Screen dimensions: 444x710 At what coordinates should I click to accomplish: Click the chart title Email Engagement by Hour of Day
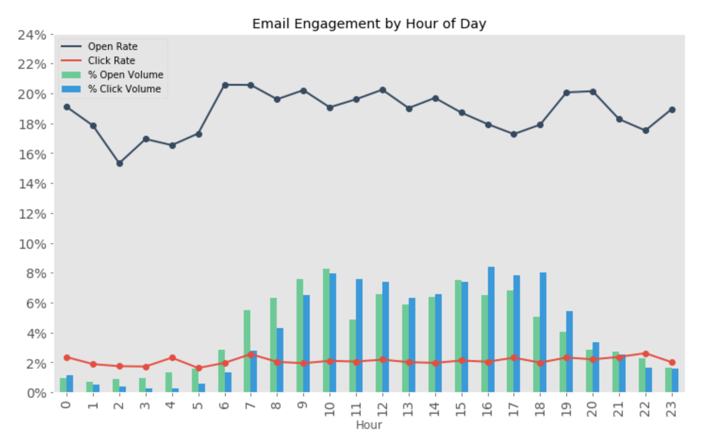369,24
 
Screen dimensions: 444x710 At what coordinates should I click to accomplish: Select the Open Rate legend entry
112,47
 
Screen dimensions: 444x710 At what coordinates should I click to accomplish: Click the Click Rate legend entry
111,61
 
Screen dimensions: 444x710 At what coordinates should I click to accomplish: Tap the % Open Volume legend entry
125,75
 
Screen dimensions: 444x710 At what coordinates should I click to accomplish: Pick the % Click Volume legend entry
124,89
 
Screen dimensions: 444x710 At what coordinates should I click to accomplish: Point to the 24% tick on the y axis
32,35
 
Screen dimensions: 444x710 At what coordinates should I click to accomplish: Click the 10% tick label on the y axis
32,244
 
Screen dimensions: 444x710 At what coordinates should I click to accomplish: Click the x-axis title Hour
369,425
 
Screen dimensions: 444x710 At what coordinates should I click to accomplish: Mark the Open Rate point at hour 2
120,164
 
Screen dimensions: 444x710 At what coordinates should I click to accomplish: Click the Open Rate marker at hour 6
225,85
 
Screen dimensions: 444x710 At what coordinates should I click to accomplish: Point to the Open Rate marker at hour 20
593,92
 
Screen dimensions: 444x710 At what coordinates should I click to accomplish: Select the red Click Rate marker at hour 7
251,354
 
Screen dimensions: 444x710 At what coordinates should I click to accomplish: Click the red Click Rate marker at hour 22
646,354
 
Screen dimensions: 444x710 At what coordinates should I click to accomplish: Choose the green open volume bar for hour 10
326,330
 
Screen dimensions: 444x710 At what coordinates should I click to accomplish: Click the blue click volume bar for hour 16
491,329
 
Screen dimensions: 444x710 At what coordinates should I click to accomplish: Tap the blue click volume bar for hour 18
543,332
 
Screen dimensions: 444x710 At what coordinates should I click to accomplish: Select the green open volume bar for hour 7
247,351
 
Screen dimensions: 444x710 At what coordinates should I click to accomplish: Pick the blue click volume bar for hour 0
70,384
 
